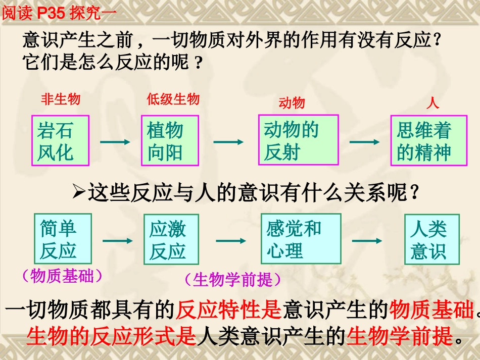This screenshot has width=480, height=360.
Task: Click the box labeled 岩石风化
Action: click(x=60, y=140)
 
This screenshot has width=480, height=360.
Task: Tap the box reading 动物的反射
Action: click(x=298, y=139)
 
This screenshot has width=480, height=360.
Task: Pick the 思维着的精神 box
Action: click(x=428, y=140)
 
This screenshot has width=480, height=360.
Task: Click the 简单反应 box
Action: click(x=56, y=239)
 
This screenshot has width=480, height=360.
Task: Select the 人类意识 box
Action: click(x=431, y=239)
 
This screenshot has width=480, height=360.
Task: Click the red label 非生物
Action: click(x=61, y=99)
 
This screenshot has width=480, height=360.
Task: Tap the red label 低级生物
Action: click(x=173, y=99)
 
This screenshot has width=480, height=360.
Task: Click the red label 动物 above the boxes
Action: click(x=292, y=103)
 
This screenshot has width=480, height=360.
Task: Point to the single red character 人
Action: click(x=433, y=104)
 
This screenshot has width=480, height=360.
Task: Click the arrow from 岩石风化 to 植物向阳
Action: click(x=115, y=142)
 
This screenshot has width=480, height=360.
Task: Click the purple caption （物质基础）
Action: click(x=63, y=276)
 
